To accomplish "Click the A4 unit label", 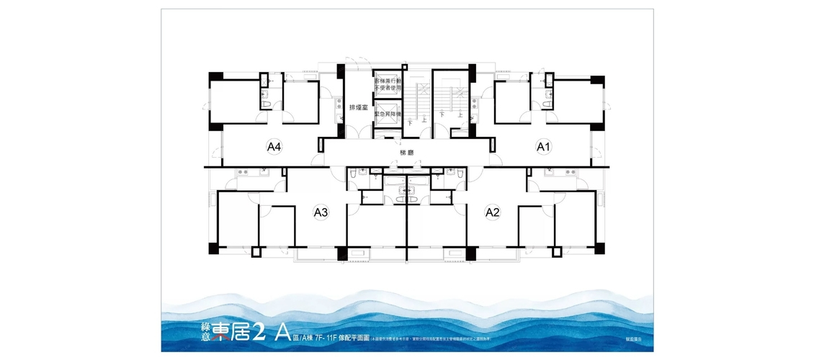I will [x=274, y=147].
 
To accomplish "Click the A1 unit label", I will [x=544, y=147].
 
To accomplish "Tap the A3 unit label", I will [x=321, y=212].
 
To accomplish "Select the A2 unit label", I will [x=493, y=212].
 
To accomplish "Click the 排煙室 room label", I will [x=359, y=107].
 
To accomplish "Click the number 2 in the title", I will [x=261, y=332].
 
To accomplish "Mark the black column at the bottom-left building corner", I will [x=213, y=248].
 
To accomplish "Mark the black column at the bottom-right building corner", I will [x=599, y=248].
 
